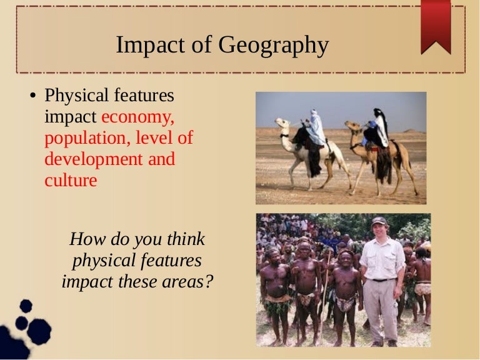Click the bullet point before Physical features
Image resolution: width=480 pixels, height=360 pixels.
click(x=34, y=97)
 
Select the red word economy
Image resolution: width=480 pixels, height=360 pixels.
click(x=137, y=117)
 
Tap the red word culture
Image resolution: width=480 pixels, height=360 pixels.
click(x=71, y=181)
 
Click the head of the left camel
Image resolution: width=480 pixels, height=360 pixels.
click(x=282, y=123)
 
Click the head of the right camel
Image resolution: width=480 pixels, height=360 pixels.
click(x=351, y=127)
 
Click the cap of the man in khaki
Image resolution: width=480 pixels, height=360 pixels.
click(x=379, y=221)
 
